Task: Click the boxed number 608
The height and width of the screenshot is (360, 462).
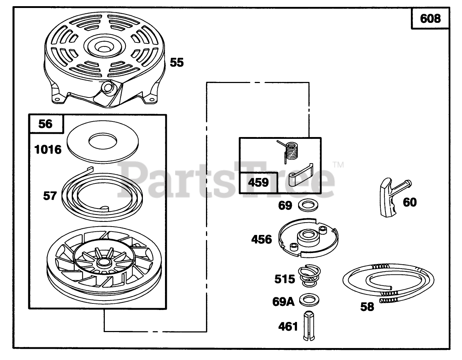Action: point(430,18)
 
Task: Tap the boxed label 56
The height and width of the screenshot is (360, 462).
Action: point(46,124)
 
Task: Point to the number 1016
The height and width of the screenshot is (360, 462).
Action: point(48,149)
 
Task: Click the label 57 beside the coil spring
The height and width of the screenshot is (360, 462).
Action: point(50,196)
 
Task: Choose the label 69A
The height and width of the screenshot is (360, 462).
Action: point(284,302)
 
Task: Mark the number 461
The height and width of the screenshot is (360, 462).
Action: point(288,327)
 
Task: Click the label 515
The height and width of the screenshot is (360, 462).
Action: point(285,279)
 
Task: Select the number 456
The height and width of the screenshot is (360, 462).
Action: point(261,239)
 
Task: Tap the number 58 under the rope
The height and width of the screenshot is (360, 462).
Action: point(367,307)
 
